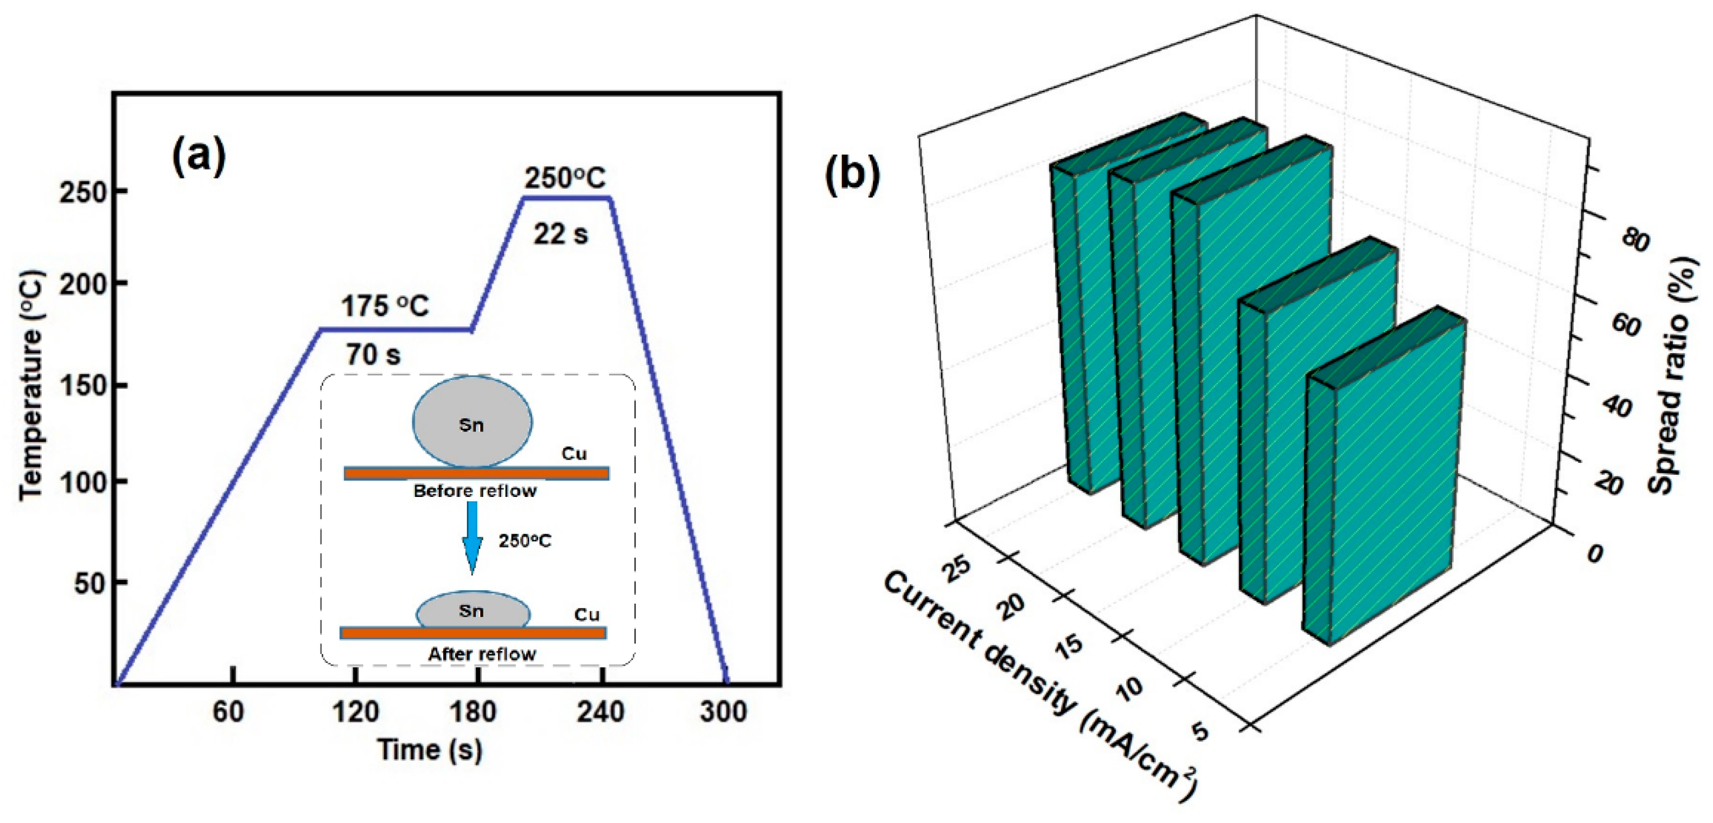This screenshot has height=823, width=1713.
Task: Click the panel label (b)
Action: [x=852, y=176]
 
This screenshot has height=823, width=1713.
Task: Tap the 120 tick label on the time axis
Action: [x=356, y=712]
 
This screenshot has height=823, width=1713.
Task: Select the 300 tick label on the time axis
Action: [x=724, y=712]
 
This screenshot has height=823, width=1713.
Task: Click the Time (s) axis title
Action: [x=430, y=750]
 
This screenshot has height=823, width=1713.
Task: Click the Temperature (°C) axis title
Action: [x=31, y=385]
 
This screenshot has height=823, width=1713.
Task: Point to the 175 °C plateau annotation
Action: [x=385, y=307]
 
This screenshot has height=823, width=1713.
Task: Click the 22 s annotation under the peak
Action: [x=560, y=234]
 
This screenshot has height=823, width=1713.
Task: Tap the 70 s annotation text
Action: [x=373, y=355]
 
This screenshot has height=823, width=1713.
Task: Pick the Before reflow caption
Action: [x=475, y=492]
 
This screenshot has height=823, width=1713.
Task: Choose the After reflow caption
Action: [x=482, y=655]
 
